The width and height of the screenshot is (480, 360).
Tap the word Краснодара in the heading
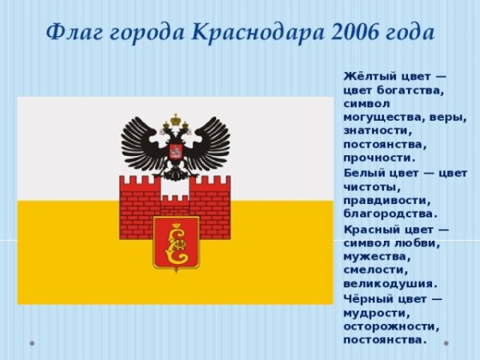258,33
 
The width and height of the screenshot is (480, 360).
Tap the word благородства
390,214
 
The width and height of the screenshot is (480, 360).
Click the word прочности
379,158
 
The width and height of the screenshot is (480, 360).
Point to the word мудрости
377,314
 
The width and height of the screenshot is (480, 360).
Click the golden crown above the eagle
175,120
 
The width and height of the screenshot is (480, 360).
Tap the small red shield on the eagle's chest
175,151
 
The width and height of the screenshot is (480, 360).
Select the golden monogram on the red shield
176,243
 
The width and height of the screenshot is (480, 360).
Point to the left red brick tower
139,207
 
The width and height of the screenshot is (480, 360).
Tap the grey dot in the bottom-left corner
32,343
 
